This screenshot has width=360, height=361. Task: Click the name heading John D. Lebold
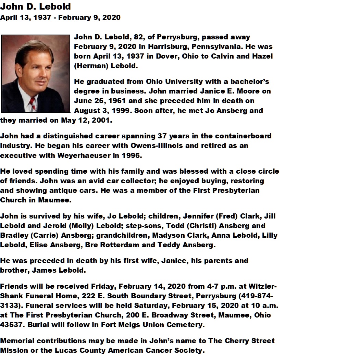[36, 7]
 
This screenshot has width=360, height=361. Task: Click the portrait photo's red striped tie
[32, 102]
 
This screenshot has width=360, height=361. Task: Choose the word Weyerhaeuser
[99, 155]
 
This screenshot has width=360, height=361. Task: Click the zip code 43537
[11, 325]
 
